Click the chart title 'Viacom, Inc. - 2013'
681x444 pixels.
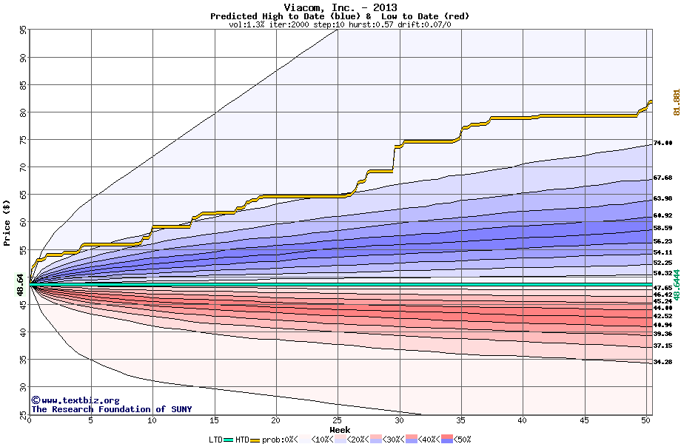(340, 7)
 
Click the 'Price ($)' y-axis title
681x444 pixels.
(7, 222)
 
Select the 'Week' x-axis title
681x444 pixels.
(340, 429)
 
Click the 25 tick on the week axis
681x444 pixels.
(338, 420)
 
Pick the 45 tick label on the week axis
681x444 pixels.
(584, 420)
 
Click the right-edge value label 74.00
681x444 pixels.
(662, 143)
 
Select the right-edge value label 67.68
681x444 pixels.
(662, 178)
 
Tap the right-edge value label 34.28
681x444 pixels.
(662, 362)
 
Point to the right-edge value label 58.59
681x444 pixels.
(662, 228)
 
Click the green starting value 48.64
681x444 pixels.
(21, 284)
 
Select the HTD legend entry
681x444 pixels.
(243, 440)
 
